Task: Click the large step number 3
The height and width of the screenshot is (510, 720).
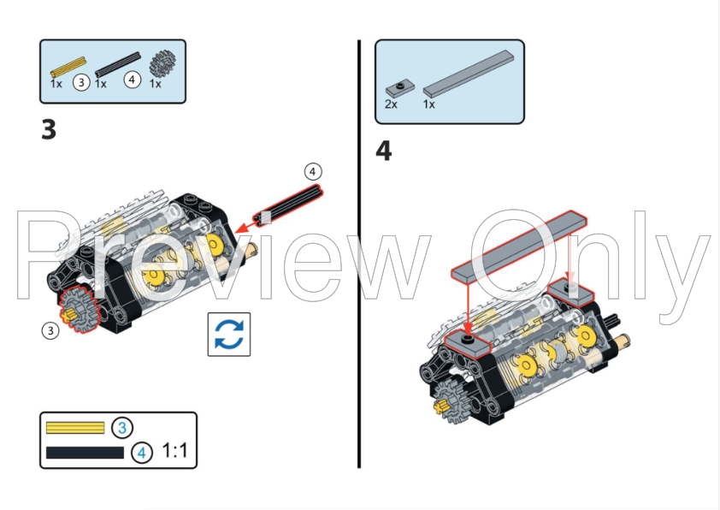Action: point(49,130)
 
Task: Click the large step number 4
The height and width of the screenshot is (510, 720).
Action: point(384,151)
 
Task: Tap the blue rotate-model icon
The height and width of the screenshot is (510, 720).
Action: point(229,334)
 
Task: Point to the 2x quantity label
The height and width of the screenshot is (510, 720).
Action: point(391,104)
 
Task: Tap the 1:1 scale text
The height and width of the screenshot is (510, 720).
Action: point(174,450)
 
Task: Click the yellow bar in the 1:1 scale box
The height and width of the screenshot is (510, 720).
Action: point(75,427)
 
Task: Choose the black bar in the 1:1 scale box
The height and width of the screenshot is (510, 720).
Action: point(86,452)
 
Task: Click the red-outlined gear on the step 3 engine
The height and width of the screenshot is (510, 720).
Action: point(77,307)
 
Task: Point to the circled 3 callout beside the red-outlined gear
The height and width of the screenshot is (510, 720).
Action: point(50,330)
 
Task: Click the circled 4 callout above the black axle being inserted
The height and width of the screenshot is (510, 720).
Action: point(312,172)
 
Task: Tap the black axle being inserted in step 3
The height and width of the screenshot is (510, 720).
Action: point(291,202)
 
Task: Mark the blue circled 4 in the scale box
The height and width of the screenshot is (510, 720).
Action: point(141,452)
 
